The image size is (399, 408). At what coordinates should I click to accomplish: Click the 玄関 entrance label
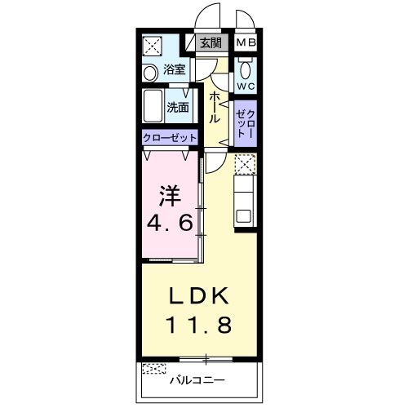tap(211, 43)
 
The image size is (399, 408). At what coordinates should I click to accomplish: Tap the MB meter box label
tap(246, 42)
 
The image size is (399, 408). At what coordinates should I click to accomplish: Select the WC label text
tap(246, 86)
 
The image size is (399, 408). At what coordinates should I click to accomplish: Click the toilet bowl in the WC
tap(246, 70)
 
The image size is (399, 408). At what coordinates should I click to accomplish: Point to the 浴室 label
tap(175, 69)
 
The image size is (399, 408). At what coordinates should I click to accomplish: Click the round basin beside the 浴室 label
tap(150, 73)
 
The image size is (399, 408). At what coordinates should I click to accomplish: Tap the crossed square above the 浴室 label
tap(153, 46)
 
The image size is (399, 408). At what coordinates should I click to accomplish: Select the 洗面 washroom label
tap(178, 108)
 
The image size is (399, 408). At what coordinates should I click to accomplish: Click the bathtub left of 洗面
tap(153, 106)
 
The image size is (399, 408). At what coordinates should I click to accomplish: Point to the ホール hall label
tap(215, 107)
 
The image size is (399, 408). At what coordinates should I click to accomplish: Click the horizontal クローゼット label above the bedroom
tap(170, 138)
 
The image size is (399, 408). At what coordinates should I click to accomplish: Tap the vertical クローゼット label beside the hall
tap(246, 123)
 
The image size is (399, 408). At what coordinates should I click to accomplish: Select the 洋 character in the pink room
tap(171, 196)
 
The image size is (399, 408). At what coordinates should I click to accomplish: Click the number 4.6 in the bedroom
tap(171, 224)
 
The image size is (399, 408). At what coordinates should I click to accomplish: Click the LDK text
tap(199, 296)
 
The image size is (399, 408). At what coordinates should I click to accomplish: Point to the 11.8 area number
tap(199, 325)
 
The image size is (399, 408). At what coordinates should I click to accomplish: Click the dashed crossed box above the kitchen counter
tap(246, 164)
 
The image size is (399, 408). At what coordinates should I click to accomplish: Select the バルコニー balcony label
tap(197, 380)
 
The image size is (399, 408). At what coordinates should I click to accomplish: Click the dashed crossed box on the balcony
tap(154, 369)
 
